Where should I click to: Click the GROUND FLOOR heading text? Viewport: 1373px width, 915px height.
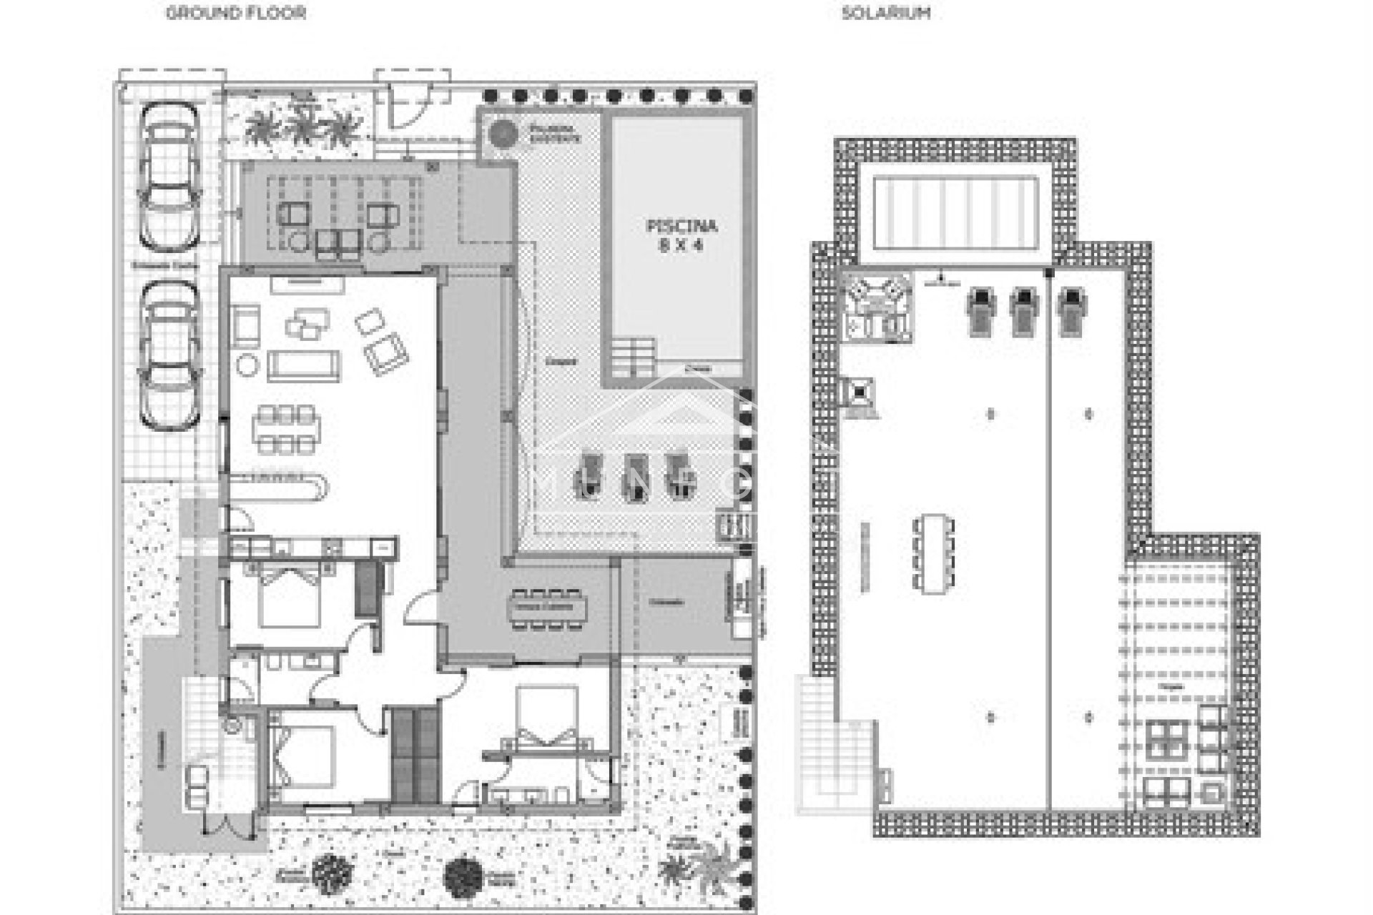click(236, 13)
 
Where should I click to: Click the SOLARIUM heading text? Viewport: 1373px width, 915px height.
click(886, 13)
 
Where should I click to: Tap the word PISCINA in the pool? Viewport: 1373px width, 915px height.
click(681, 227)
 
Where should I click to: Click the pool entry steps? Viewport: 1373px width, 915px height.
click(633, 357)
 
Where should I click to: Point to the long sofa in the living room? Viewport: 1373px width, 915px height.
click(304, 365)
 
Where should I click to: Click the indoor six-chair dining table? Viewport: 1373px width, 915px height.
click(286, 429)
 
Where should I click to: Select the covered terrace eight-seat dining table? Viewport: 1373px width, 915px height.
click(547, 608)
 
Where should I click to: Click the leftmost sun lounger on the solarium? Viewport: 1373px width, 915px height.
click(980, 311)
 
